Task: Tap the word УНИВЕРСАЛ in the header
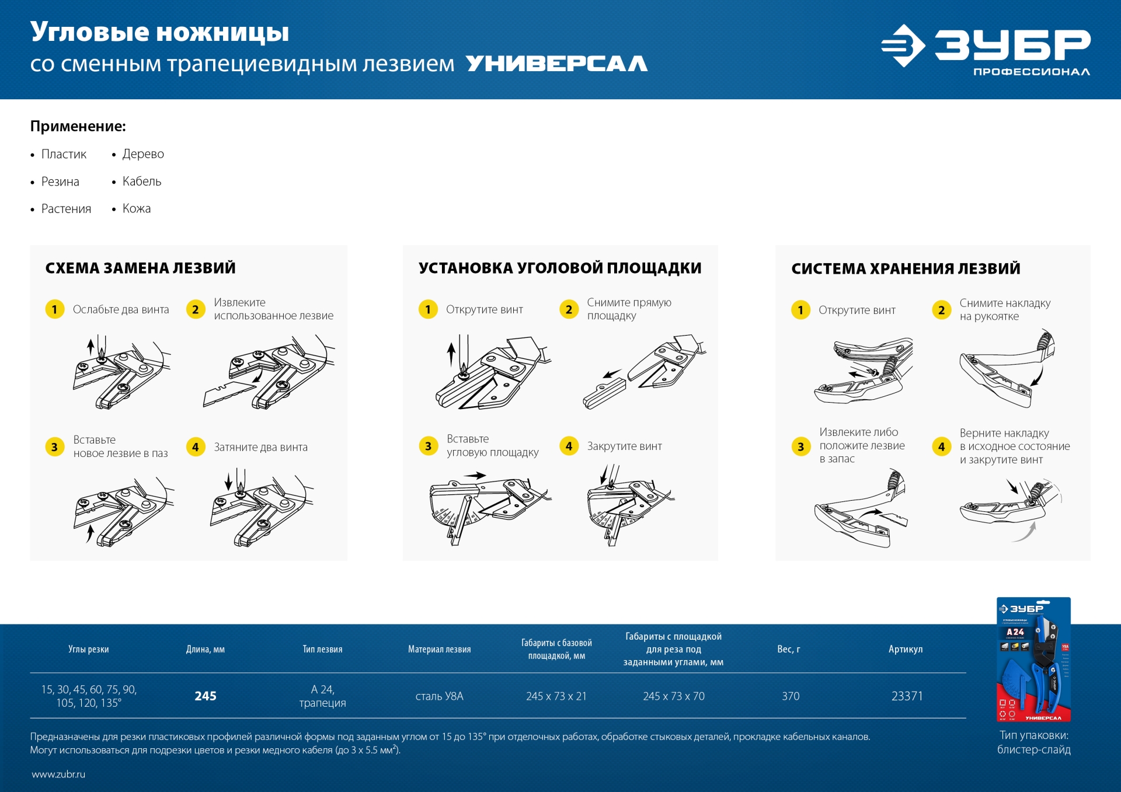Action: [x=556, y=64]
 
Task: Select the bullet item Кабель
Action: [x=141, y=182]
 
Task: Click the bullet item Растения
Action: [x=66, y=209]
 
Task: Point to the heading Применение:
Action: [x=78, y=126]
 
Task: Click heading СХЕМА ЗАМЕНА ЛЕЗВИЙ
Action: [x=140, y=268]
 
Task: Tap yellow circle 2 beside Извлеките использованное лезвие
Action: [x=196, y=309]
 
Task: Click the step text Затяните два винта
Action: [x=260, y=447]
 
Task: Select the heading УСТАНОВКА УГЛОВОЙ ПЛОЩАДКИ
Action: [x=559, y=268]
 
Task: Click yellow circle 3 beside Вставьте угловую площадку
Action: [x=428, y=446]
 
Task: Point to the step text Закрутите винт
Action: [x=624, y=446]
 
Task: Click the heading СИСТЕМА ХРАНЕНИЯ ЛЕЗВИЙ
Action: [x=906, y=268]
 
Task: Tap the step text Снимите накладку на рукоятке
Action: [x=1004, y=309]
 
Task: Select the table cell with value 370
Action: [x=790, y=696]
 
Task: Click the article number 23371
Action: [x=907, y=696]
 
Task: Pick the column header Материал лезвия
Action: [x=439, y=649]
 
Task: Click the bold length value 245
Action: [x=206, y=696]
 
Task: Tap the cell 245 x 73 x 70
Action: [x=673, y=696]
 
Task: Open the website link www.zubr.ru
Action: [x=58, y=774]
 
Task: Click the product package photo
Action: [x=1033, y=660]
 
